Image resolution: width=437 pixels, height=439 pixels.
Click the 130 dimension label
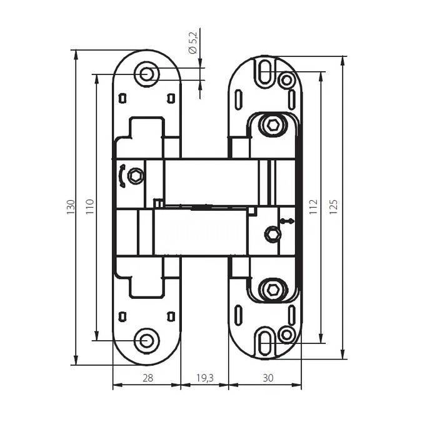pyautogui.click(x=71, y=207)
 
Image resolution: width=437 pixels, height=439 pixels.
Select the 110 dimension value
pyautogui.click(x=89, y=207)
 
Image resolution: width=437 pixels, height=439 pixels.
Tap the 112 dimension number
pyautogui.click(x=313, y=207)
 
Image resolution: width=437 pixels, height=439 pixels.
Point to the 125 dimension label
pyautogui.click(x=333, y=207)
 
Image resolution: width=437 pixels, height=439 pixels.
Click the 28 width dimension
pyautogui.click(x=148, y=378)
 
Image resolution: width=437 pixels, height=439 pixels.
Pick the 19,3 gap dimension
pyautogui.click(x=204, y=378)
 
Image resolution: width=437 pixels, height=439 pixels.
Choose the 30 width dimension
pyautogui.click(x=268, y=378)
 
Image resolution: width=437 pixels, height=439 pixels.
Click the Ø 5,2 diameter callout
pyautogui.click(x=193, y=43)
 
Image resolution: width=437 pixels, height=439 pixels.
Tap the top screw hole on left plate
pyautogui.click(x=147, y=74)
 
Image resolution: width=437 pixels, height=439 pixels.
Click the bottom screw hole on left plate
pyautogui.click(x=147, y=341)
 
